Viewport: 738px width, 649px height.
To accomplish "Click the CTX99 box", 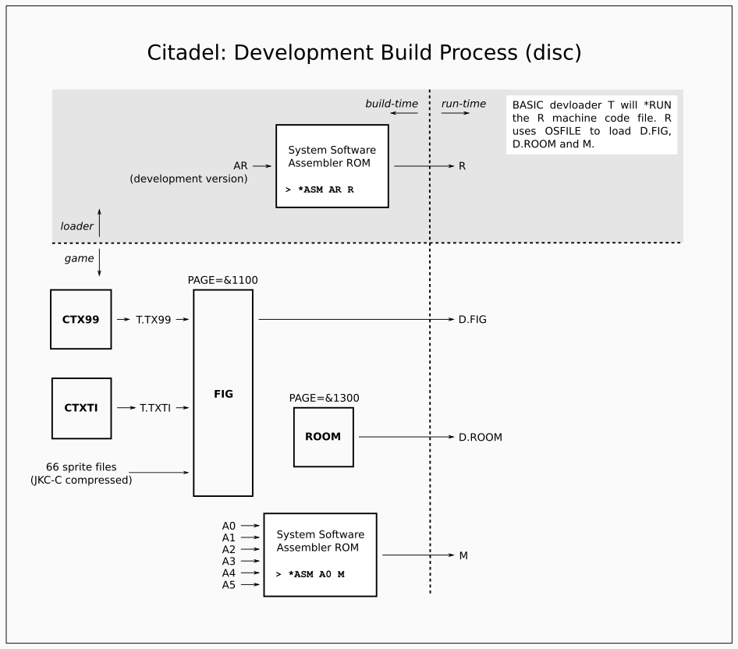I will tap(81, 319).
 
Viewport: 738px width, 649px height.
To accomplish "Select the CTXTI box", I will tap(81, 407).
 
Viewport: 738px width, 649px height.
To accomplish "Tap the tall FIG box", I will tap(223, 393).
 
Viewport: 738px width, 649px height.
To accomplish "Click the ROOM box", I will tap(323, 437).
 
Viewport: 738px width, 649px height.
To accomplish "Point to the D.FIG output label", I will tap(472, 319).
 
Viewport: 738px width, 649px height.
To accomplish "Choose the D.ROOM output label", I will tap(480, 438).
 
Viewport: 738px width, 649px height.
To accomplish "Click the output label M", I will tap(463, 555).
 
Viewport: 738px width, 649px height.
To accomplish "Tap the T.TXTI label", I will tap(155, 407).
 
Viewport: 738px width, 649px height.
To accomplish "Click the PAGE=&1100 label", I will tap(223, 279).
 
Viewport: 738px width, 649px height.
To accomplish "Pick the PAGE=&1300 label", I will tap(324, 398).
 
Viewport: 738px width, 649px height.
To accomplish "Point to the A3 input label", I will tap(229, 561).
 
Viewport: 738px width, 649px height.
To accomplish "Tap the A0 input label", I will tap(229, 526).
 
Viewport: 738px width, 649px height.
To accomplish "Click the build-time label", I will tap(392, 104).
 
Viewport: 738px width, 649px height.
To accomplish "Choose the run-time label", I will tap(463, 104).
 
